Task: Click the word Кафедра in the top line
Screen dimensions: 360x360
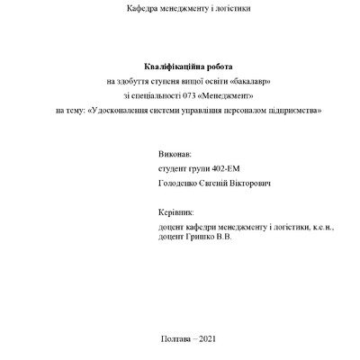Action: (x=144, y=8)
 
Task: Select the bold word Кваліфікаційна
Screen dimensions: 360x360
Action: (x=173, y=67)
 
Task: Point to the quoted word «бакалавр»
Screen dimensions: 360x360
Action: (x=251, y=81)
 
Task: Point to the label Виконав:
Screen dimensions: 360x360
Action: (x=174, y=155)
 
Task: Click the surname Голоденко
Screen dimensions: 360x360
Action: (x=177, y=184)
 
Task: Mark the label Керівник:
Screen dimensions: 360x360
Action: (x=175, y=214)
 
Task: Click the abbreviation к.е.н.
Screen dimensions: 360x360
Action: (x=319, y=227)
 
